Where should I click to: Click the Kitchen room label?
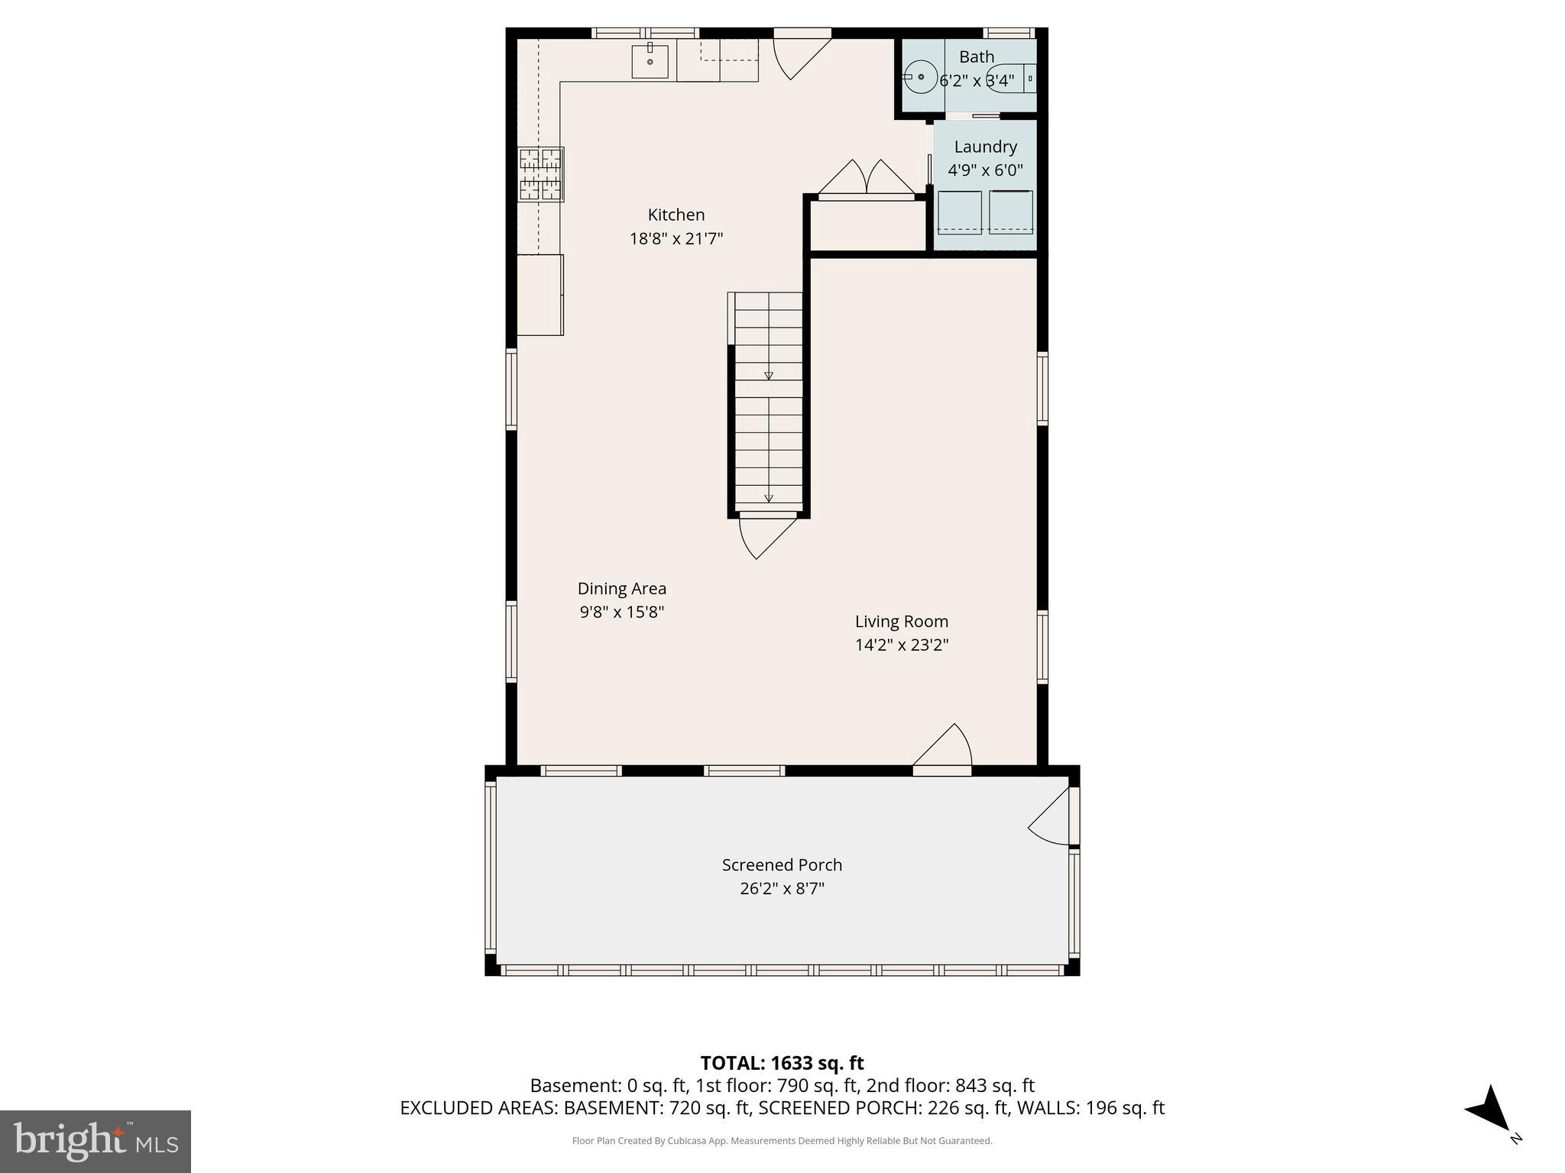click(x=676, y=215)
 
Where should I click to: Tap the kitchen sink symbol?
click(x=650, y=61)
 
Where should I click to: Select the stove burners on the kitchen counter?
click(x=541, y=174)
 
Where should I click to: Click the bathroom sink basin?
click(x=922, y=77)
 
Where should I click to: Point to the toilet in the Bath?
click(x=1013, y=78)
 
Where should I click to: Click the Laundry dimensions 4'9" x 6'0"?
click(x=985, y=170)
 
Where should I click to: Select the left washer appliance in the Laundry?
click(x=959, y=212)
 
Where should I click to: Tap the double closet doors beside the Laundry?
click(x=867, y=180)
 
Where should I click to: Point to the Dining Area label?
click(x=621, y=589)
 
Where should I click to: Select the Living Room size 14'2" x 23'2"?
click(x=902, y=645)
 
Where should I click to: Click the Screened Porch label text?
click(x=782, y=865)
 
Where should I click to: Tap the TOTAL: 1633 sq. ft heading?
click(x=782, y=1063)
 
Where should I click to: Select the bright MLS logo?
click(x=96, y=1141)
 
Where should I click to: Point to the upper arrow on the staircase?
click(x=769, y=375)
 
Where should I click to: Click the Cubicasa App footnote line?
click(x=782, y=1141)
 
